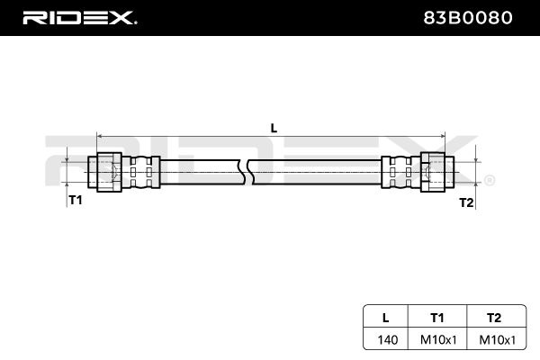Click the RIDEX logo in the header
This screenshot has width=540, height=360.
click(79, 18)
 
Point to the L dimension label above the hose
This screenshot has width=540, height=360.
click(274, 127)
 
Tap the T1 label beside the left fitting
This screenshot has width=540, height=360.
click(76, 200)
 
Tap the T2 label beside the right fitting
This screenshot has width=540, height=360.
click(466, 202)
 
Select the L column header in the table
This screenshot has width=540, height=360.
click(385, 317)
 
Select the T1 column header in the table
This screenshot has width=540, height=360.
click(437, 317)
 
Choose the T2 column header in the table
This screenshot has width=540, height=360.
click(492, 317)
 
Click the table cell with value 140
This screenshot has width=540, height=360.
click(385, 339)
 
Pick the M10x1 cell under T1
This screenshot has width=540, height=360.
click(437, 339)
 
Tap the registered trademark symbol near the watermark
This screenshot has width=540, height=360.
click(489, 181)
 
